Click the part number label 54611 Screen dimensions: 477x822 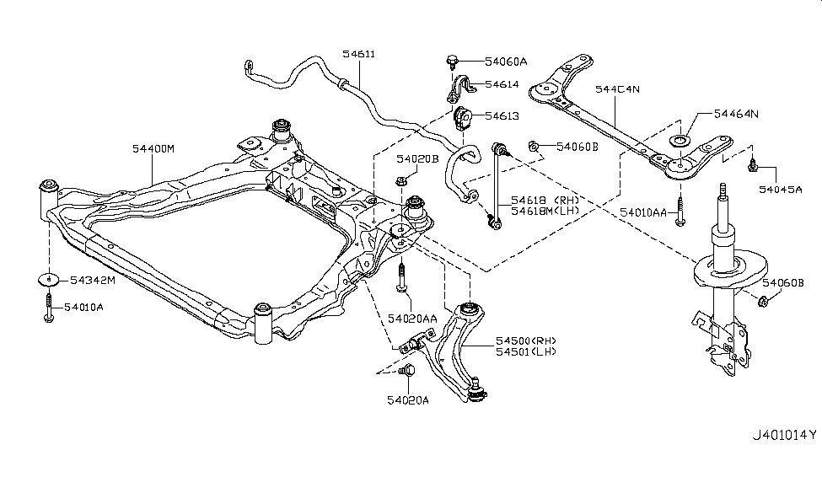point(359,55)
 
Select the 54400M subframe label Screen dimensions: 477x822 point(153,148)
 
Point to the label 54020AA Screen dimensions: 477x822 point(412,318)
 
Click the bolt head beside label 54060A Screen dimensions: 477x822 point(453,61)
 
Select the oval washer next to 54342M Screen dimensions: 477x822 point(50,281)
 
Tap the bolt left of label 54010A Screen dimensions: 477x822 point(49,308)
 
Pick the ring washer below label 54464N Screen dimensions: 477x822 point(680,141)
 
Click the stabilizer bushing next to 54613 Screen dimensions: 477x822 point(461,118)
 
